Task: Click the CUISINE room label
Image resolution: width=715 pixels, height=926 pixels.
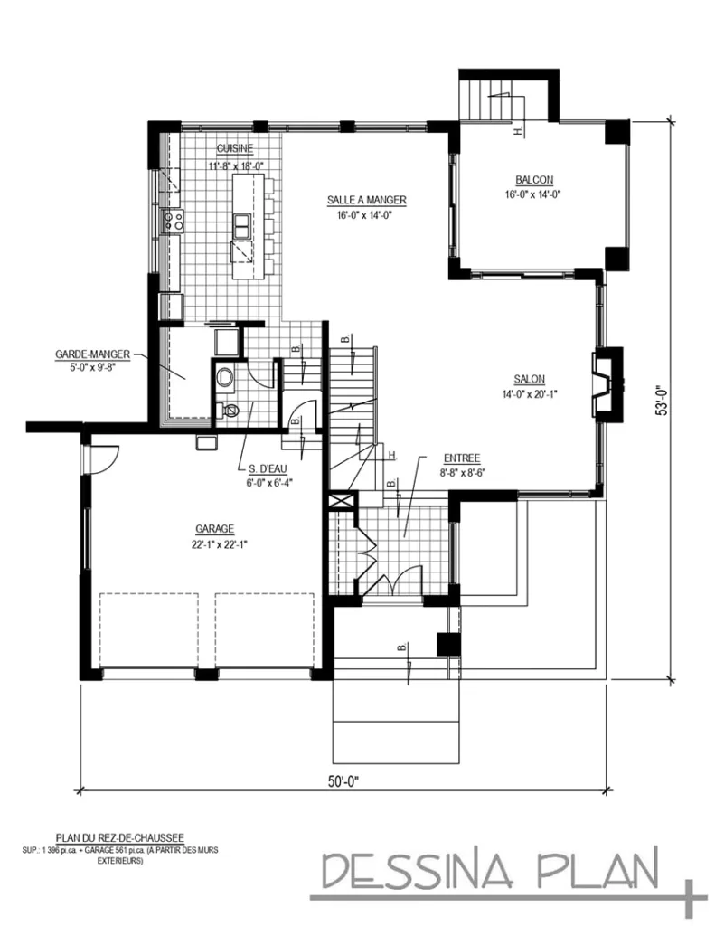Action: [x=234, y=149]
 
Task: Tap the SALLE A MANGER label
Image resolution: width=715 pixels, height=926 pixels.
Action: [x=366, y=200]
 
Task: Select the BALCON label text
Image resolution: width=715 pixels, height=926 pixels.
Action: [x=534, y=179]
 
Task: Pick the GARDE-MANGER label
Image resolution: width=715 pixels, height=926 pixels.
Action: [x=92, y=354]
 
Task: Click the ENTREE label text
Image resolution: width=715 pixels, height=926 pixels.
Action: [x=461, y=458]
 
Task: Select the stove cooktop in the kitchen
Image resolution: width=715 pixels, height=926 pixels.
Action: [x=172, y=218]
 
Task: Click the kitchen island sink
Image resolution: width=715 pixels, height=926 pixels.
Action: [x=242, y=222]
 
